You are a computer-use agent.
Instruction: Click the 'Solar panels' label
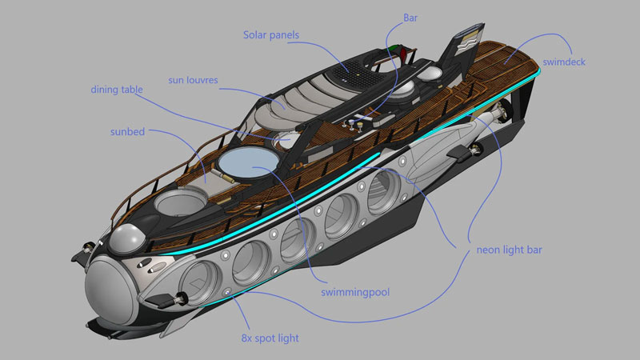[x=271, y=35]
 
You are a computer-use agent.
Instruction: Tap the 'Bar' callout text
[x=410, y=18]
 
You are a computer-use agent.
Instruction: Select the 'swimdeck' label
[x=564, y=62]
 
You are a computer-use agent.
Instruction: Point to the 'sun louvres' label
[x=193, y=80]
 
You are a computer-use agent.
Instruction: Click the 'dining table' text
[x=117, y=90]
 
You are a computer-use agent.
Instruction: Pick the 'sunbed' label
[x=127, y=132]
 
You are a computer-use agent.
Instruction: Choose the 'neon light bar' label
[x=510, y=250]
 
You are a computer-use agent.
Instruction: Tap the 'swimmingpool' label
[x=355, y=292]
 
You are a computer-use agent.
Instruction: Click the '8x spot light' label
[x=270, y=338]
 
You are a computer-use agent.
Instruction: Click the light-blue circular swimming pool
[x=248, y=162]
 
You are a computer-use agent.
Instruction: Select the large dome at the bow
[x=111, y=290]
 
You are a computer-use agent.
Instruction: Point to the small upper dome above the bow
[x=126, y=238]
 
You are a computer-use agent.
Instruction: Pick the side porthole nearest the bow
[x=200, y=282]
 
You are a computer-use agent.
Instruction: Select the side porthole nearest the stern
[x=384, y=192]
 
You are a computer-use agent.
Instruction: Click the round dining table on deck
[x=285, y=139]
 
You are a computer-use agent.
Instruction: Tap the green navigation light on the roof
[x=393, y=48]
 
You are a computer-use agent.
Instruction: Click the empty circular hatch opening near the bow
[x=179, y=203]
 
